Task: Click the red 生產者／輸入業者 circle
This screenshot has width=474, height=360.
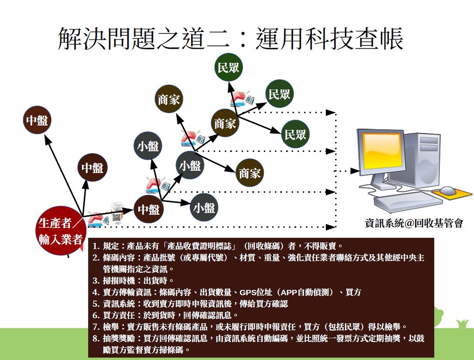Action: click(61, 231)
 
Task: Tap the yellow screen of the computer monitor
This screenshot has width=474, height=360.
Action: click(382, 151)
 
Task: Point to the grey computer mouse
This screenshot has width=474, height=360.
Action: click(448, 190)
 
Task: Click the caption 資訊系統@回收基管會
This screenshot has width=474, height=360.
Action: click(414, 223)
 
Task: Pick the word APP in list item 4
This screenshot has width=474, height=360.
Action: click(289, 292)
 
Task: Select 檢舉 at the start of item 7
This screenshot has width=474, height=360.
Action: click(111, 327)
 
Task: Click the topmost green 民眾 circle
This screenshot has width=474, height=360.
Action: click(229, 67)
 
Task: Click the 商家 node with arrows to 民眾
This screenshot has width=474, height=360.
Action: click(225, 123)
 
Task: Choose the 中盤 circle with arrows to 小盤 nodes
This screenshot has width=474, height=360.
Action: click(149, 209)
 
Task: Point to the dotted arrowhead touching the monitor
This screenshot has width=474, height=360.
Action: click(355, 171)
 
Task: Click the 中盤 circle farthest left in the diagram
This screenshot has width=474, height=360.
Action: click(37, 120)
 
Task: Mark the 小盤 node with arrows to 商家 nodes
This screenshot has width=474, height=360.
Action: click(190, 165)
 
